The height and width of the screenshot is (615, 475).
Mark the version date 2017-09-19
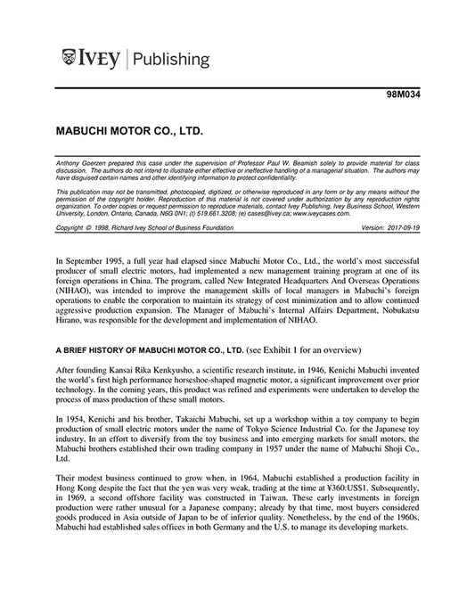point(400,227)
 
